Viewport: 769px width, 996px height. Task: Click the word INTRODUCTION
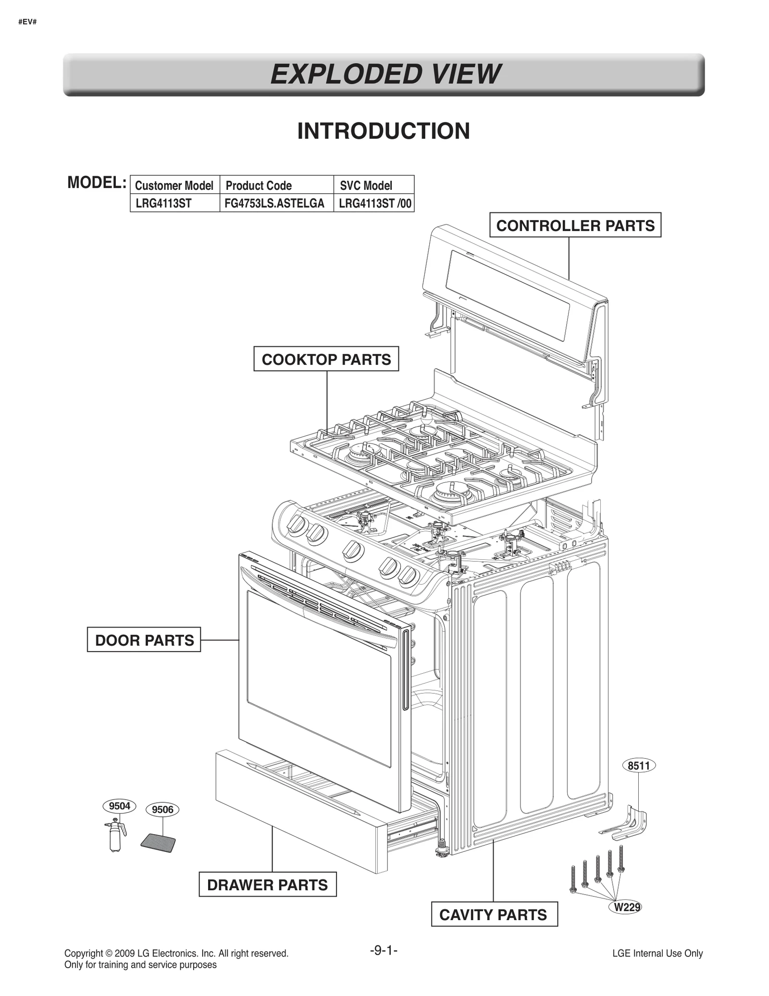[x=384, y=131]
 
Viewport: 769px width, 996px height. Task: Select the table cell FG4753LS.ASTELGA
[x=274, y=203]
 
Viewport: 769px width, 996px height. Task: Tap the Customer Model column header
[x=174, y=185]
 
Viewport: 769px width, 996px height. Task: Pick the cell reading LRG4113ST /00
[x=374, y=203]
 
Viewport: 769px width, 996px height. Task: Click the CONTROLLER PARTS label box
[x=575, y=225]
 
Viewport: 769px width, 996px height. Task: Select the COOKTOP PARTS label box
[x=326, y=359]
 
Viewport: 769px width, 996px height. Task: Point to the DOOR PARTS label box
[x=144, y=640]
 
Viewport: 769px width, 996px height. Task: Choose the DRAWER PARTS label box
[x=267, y=885]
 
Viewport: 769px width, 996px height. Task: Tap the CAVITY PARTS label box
[x=494, y=914]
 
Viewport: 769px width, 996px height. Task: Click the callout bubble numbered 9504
[x=119, y=806]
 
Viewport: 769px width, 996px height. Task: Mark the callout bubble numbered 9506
[x=162, y=810]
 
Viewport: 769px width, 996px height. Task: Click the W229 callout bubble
[x=626, y=907]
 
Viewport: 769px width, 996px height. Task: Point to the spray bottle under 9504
[x=115, y=836]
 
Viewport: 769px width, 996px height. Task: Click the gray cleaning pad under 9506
[x=158, y=843]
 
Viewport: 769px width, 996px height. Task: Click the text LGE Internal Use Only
[x=657, y=953]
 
